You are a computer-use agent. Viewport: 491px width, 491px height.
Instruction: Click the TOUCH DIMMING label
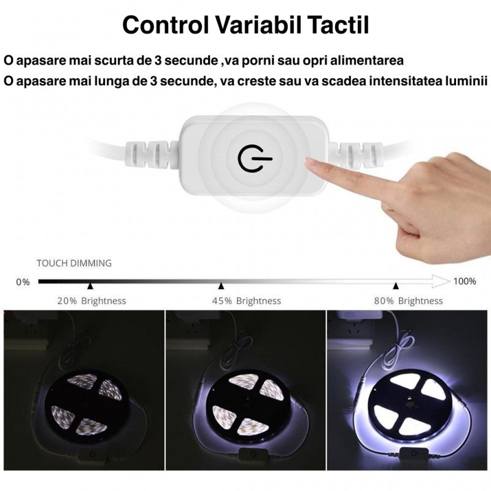(74, 263)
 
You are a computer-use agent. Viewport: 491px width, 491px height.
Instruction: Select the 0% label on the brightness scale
(23, 282)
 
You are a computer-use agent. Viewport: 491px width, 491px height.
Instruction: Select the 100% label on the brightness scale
(465, 281)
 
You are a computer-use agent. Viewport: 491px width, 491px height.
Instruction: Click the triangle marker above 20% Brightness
(90, 286)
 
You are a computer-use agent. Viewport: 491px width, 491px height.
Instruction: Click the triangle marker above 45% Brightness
(221, 286)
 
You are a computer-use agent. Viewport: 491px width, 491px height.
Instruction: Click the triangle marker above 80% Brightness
(396, 286)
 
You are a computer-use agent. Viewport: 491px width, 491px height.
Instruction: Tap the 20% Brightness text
(92, 301)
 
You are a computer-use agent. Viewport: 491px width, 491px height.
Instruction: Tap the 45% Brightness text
(246, 301)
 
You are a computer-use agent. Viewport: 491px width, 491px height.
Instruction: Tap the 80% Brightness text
(408, 301)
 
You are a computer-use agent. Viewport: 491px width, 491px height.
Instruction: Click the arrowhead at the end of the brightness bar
(441, 282)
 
